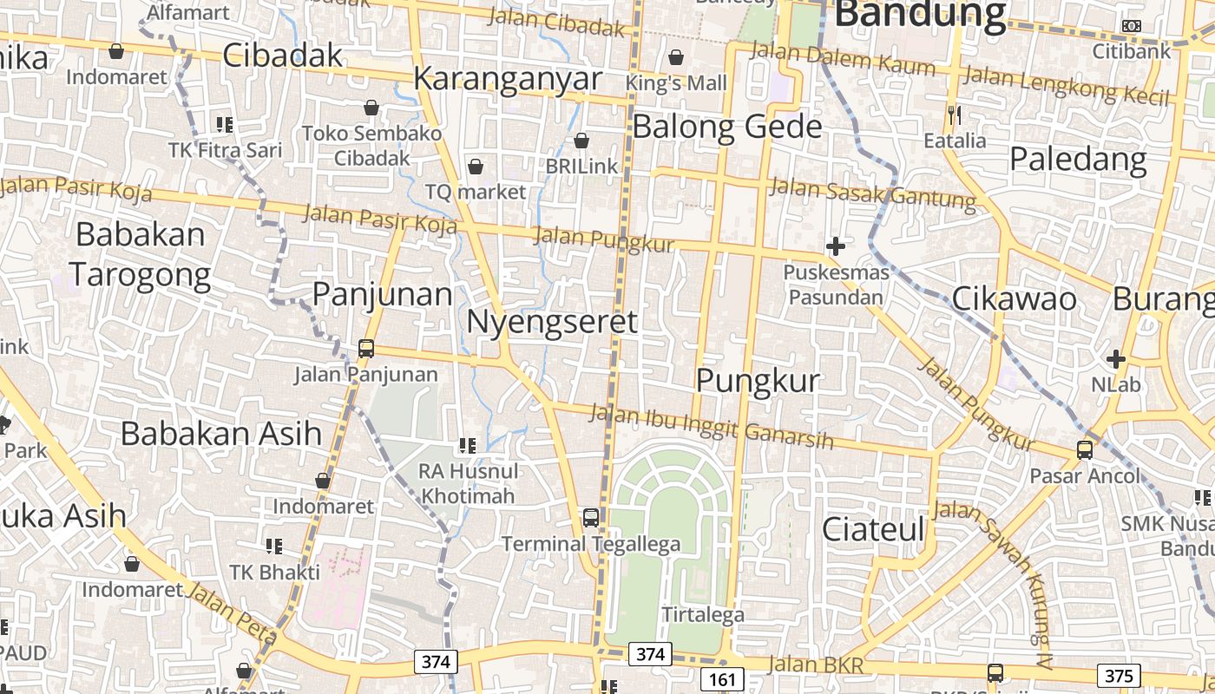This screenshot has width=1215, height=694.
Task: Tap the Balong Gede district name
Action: (726, 127)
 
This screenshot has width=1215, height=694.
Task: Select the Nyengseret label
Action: (552, 322)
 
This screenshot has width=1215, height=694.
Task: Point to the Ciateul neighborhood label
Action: (873, 528)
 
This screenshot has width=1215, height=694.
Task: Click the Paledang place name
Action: (1078, 160)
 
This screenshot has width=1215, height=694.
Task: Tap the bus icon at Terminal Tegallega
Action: (591, 518)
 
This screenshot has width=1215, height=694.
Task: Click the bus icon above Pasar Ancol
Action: (1085, 450)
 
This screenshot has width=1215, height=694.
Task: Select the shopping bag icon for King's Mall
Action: (676, 57)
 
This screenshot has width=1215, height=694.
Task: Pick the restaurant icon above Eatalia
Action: (955, 114)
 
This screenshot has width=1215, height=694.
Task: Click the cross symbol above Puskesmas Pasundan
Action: (836, 246)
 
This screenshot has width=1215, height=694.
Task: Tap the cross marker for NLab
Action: (1116, 358)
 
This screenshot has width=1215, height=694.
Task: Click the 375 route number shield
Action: (1119, 676)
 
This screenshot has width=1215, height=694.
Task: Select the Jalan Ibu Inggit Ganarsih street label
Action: (711, 426)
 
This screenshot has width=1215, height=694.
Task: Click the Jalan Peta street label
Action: (231, 616)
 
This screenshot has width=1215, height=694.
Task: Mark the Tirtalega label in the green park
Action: (703, 615)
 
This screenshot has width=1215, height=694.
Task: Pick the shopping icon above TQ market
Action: (476, 166)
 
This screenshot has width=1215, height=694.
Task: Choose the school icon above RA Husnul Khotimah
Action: (468, 446)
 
